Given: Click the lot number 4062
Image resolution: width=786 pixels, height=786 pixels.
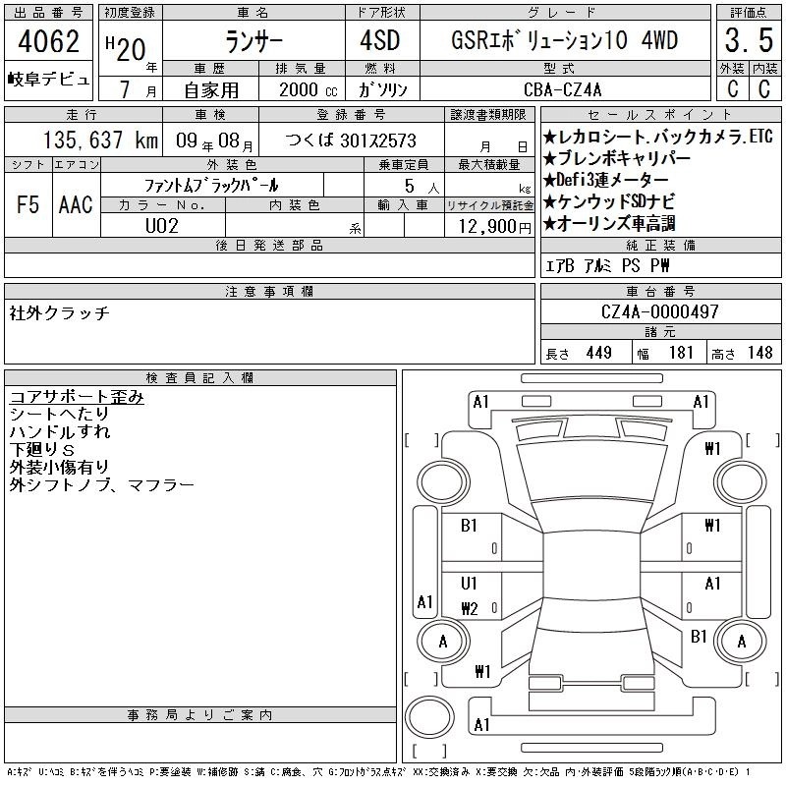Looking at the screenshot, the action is coord(48,41).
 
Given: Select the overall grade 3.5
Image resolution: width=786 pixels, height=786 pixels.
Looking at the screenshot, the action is coord(749,40).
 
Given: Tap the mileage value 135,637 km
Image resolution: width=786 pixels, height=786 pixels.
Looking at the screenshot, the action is coord(100,140).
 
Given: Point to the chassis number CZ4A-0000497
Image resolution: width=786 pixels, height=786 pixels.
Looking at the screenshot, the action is coord(659,311).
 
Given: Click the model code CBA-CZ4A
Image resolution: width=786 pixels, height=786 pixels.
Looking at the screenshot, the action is coord(562,89).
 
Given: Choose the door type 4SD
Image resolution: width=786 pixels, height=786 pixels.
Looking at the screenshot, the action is coord(380,40).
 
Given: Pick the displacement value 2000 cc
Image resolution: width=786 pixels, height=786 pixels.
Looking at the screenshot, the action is coord(308,89).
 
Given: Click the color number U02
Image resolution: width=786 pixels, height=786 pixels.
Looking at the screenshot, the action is coord(162,226).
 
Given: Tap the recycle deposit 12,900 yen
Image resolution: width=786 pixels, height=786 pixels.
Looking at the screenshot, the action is coord(494,227).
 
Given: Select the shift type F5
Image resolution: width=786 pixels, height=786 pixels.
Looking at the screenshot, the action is coord(28,204).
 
